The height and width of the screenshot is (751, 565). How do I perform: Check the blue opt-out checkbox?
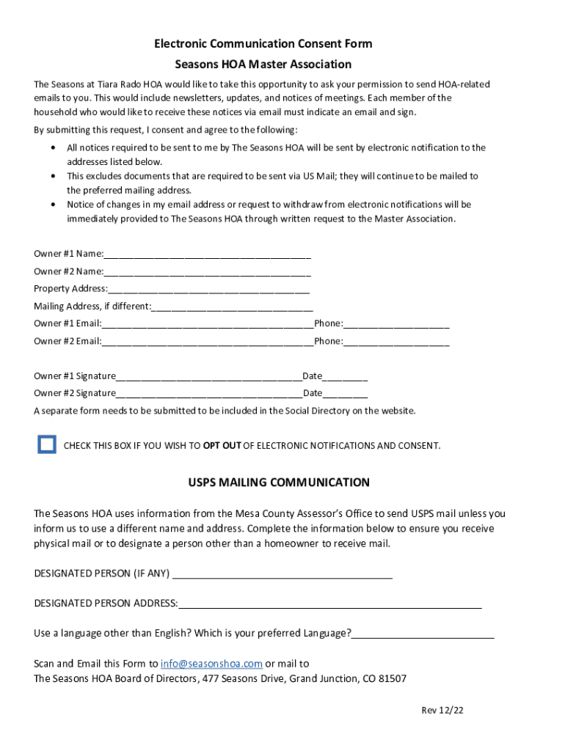pos(47,444)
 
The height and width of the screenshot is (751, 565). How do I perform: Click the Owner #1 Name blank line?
pos(207,255)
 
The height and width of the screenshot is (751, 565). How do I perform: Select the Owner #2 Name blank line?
pos(207,273)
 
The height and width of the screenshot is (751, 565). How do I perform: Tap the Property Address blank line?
pos(208,290)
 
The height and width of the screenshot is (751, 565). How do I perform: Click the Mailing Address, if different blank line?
pos(232,308)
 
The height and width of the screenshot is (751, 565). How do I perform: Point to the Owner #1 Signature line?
pos(209,378)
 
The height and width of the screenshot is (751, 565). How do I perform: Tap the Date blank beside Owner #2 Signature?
pos(345,395)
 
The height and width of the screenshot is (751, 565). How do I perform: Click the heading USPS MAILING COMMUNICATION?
pos(279,483)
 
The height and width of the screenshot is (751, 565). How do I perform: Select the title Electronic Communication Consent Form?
pos(263,44)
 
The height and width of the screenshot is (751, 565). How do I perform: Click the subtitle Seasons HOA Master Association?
pos(263,65)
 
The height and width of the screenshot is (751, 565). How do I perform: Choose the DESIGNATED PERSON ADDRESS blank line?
pos(329,605)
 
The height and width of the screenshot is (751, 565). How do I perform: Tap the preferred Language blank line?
pos(423,635)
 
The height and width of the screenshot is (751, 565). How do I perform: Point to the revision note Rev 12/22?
pos(442,711)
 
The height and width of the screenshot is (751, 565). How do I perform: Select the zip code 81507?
pos(393,679)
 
